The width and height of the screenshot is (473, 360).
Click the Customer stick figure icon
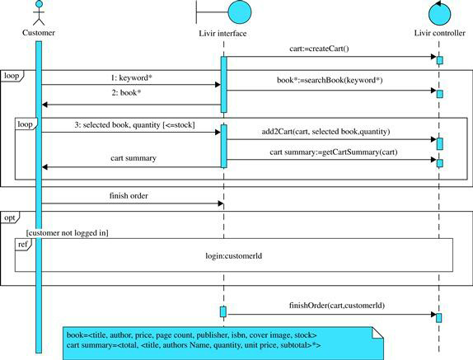39,12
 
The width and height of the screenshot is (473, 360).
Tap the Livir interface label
222,34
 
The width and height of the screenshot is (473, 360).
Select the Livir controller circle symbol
440,13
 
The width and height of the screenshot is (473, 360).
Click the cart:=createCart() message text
319,49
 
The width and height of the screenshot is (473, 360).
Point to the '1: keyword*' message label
132,77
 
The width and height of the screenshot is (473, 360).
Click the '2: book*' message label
126,92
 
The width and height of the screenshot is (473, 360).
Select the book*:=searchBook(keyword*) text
330,80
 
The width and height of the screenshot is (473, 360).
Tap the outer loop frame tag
12,76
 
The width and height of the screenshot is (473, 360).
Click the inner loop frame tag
26,124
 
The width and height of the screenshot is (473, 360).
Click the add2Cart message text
325,132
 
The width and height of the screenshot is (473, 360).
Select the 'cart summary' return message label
133,158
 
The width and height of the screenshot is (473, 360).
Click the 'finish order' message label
129,196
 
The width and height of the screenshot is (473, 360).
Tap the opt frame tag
10,217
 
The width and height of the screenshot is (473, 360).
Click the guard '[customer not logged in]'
68,233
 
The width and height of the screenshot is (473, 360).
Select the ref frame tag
23,244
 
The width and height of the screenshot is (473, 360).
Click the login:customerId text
234,256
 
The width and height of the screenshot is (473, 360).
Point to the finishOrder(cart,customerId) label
337,306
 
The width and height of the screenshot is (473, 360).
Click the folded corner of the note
378,332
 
